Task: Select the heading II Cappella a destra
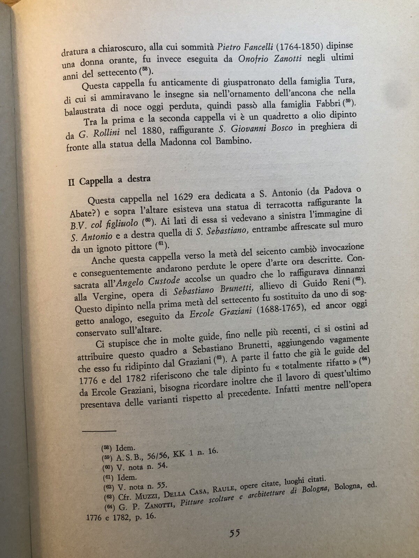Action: pos(109,181)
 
